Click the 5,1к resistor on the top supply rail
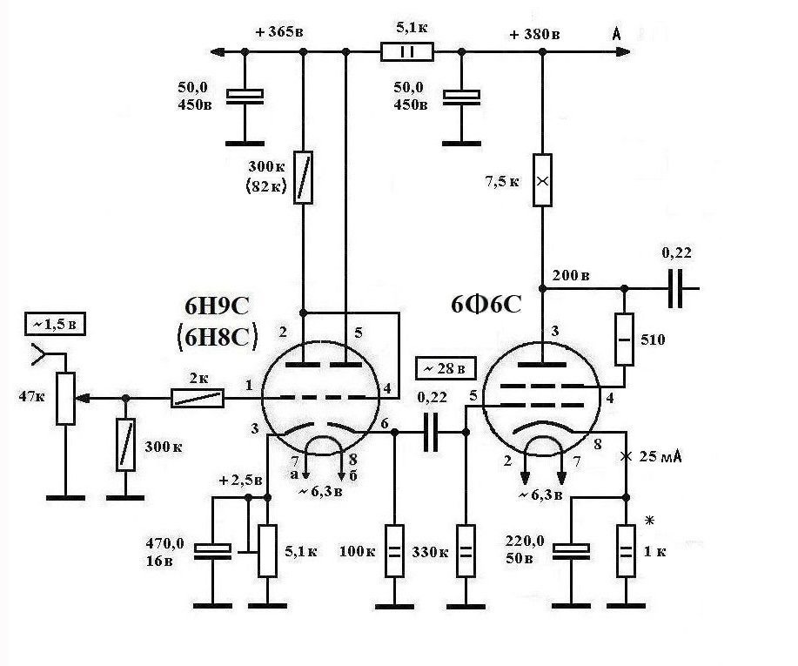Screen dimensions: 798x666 [407, 52]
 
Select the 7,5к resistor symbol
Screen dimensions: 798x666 [542, 180]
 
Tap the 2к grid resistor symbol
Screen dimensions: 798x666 [197, 398]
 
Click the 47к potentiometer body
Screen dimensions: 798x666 [65, 399]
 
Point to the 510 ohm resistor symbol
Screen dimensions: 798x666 [625, 340]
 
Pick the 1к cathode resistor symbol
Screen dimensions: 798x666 [626, 551]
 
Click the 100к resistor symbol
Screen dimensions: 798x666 [394, 551]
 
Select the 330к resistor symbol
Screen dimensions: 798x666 [466, 551]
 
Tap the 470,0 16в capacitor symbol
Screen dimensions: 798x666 [212, 551]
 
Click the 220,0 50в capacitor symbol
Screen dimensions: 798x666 [571, 551]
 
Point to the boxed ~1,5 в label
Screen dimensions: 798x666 [55, 325]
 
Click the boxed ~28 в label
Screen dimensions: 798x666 [446, 368]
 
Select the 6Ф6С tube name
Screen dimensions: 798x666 [486, 305]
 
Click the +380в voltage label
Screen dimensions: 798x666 [534, 34]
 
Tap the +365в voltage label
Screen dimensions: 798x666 [279, 31]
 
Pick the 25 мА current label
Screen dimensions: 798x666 [661, 456]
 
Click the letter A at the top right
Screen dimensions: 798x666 [617, 34]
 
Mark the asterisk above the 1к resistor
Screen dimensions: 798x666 [649, 521]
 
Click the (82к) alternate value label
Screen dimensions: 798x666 [266, 186]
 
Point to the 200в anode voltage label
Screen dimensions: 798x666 [571, 275]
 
